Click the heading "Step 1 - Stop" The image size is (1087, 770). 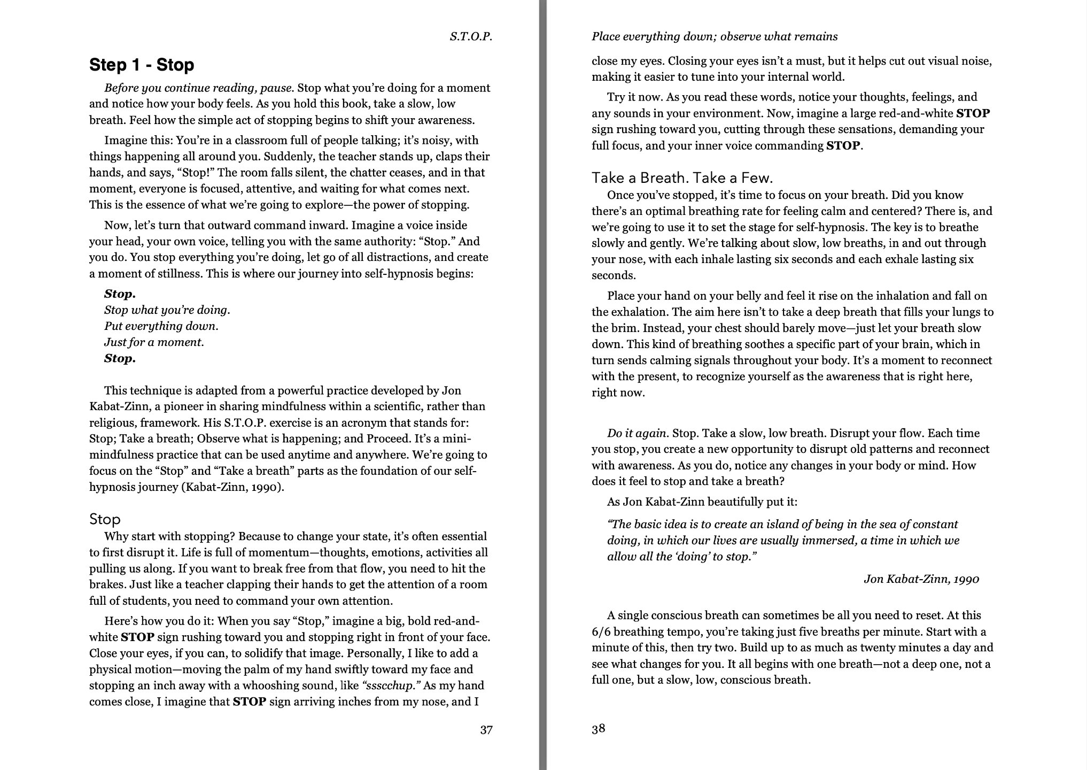(142, 65)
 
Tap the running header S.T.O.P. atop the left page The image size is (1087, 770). (470, 36)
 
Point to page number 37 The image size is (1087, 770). (486, 730)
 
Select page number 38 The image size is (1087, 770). (599, 728)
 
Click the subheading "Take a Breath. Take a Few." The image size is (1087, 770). (682, 178)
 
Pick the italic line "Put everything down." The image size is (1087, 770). (161, 326)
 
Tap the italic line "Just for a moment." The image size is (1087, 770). (154, 342)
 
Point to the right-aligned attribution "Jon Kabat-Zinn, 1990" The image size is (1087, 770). (921, 579)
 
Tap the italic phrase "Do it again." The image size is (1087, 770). (637, 433)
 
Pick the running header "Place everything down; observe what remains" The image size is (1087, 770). (715, 36)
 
